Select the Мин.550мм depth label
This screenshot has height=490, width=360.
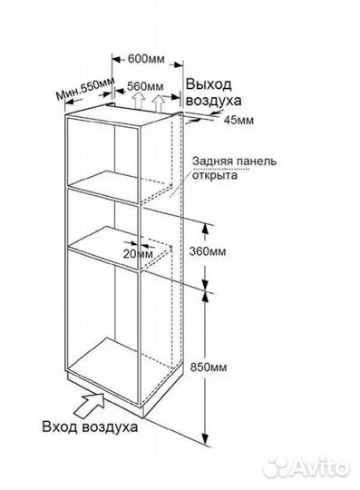[84, 90]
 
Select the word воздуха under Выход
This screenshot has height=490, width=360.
[213, 101]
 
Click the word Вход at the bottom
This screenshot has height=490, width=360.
[63, 426]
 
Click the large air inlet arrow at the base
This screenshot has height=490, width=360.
[90, 397]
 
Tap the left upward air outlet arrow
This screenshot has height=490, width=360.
[137, 104]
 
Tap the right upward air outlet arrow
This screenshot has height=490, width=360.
[161, 103]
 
